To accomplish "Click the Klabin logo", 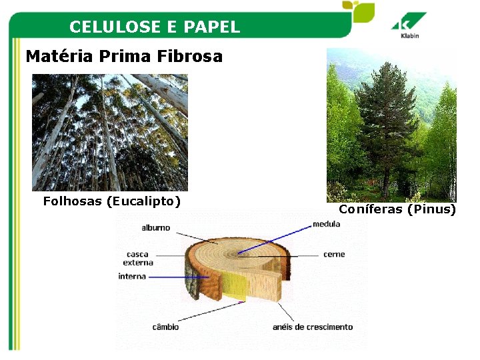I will [x=409, y=27].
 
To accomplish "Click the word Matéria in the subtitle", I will [x=59, y=57].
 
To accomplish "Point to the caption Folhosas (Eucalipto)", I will [x=112, y=201].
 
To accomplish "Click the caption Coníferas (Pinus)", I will [x=397, y=209].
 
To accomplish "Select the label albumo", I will [x=155, y=228].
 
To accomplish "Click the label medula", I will [x=326, y=224].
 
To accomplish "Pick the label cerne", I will [x=333, y=255].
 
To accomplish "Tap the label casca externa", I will [x=138, y=258].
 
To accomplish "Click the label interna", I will [x=132, y=276].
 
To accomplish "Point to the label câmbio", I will [x=165, y=327].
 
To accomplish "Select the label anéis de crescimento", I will [x=313, y=327].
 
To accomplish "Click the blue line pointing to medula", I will [x=273, y=239].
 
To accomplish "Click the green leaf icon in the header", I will [x=358, y=11].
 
